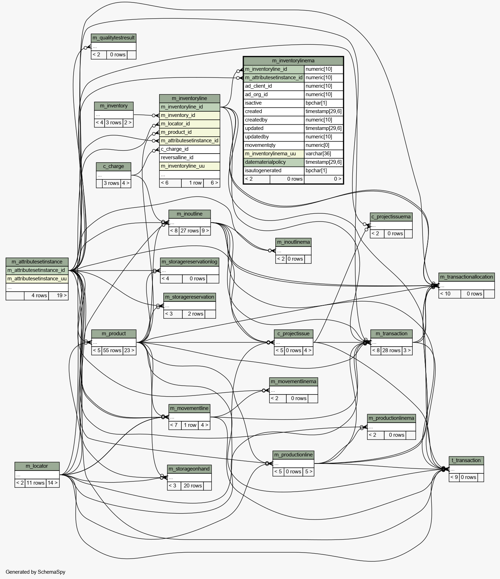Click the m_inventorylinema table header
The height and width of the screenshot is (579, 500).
coord(293,61)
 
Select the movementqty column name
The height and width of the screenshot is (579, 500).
coord(260,145)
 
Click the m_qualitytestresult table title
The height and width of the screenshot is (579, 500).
coord(113,38)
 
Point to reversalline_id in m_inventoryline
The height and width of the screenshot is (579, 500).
coord(177,157)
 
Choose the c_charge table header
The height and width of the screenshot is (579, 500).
coord(113,166)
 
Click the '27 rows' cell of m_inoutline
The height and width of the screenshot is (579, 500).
coord(189,231)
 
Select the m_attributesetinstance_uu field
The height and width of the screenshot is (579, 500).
coord(37,279)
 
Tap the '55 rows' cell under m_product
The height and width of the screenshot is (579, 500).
coord(112,350)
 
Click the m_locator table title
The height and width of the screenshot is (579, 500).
coord(37,466)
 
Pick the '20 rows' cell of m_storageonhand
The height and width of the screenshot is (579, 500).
coord(192,486)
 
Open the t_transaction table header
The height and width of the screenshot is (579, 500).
coord(466,460)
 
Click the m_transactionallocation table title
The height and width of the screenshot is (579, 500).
coord(466,277)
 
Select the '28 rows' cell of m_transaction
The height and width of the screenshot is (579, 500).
coord(391,350)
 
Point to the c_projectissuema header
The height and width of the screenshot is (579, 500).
coord(391,217)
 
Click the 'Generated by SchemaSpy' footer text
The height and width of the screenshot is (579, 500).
coord(35,572)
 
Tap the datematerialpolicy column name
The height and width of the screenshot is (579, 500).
coord(265,162)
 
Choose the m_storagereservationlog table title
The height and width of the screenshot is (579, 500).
coord(189,262)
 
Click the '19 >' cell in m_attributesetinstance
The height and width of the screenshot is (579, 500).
coord(58,295)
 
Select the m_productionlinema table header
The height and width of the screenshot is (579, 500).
coord(391,418)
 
